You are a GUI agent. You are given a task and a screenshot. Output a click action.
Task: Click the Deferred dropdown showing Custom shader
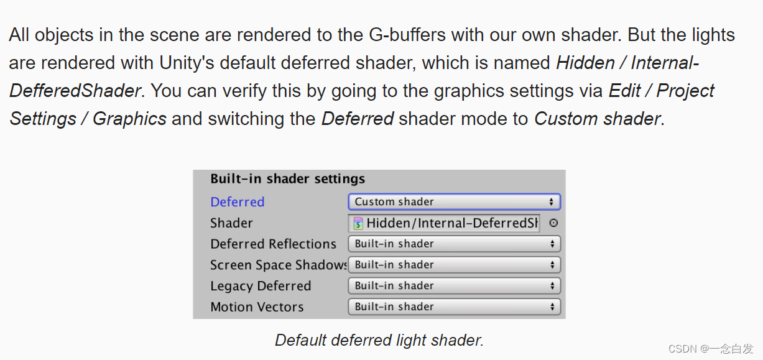tap(454, 202)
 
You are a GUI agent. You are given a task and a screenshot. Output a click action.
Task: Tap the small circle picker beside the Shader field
tap(553, 223)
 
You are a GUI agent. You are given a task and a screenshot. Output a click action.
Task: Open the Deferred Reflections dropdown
tap(454, 244)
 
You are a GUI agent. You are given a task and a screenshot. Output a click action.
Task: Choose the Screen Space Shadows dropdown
tap(454, 265)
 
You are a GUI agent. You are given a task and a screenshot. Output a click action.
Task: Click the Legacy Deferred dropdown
tap(454, 286)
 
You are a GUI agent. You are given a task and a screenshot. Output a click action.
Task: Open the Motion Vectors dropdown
tap(454, 307)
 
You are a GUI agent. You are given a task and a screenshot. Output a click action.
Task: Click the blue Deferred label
tap(238, 202)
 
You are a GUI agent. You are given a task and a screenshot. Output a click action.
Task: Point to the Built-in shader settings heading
tap(287, 179)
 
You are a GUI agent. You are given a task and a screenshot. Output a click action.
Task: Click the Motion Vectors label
tap(257, 307)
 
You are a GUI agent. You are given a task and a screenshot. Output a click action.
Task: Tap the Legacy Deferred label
tap(261, 286)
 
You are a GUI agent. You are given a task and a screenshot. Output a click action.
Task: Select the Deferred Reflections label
tap(273, 244)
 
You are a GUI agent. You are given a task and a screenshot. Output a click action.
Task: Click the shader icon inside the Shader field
tap(359, 224)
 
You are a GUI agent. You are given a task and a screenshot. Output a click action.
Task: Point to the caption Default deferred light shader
tap(379, 340)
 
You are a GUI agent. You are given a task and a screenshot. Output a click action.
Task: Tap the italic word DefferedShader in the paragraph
tap(75, 91)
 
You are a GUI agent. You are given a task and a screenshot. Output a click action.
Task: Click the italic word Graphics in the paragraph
tap(129, 118)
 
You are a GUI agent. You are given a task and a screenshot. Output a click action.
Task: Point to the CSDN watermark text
tap(710, 348)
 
